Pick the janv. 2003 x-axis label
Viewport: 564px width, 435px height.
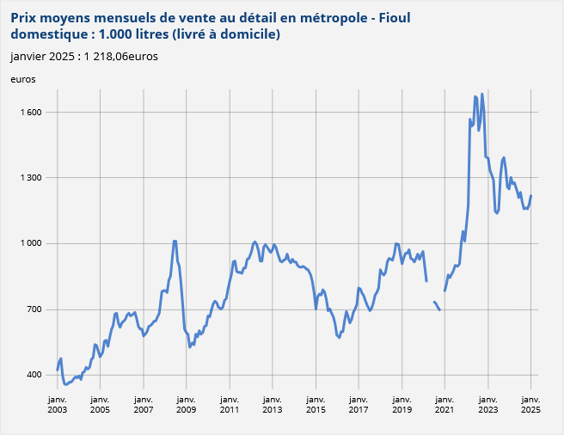(x=57, y=405)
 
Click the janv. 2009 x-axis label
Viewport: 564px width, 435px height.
(x=186, y=405)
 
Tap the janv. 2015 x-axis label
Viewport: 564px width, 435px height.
(x=315, y=405)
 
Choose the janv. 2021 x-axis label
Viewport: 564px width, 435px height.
(x=444, y=405)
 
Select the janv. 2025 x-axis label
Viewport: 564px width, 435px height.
(x=530, y=405)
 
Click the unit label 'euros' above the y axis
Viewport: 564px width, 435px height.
(x=23, y=79)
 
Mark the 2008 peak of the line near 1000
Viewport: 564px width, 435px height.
(x=175, y=241)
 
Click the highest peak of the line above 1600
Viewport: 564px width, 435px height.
(x=481, y=92)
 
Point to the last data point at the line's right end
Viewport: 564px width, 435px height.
(x=531, y=195)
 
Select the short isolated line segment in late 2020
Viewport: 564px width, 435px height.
(x=436, y=305)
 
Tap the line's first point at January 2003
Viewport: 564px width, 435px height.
(x=58, y=370)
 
